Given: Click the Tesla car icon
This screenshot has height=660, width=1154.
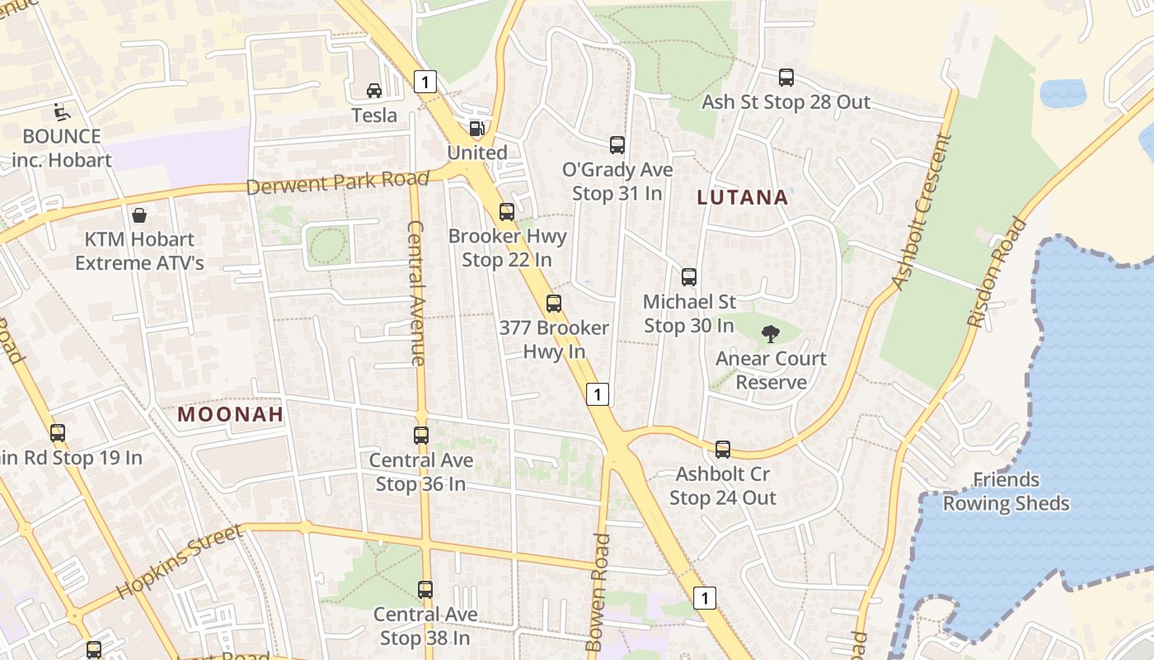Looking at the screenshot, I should (x=374, y=90).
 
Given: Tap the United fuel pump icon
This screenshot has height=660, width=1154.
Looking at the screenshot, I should (x=476, y=129).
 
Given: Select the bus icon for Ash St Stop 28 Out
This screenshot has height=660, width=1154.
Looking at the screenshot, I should (x=786, y=78).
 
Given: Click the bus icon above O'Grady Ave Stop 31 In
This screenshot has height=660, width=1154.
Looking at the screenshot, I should (x=617, y=145).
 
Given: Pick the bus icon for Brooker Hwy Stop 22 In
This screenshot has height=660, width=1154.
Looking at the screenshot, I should (x=507, y=212).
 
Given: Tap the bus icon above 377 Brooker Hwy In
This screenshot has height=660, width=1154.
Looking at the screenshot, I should (x=554, y=304).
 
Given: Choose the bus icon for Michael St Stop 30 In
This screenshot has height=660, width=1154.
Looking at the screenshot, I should (x=689, y=277).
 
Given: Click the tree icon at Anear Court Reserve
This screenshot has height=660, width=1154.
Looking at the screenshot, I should (x=771, y=334).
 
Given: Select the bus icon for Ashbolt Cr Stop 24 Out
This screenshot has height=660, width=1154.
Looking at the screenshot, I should (x=723, y=450).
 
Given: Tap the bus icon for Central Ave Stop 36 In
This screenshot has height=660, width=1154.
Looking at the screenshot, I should (x=421, y=436).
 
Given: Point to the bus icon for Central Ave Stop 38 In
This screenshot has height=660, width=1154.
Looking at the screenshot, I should (x=425, y=590).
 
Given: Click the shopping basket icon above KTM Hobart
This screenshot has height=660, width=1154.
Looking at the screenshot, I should (x=139, y=215).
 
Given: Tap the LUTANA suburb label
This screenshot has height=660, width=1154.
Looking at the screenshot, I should (x=743, y=198).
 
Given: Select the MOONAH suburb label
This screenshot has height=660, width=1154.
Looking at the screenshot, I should (x=231, y=414).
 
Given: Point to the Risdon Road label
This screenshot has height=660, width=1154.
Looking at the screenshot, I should (x=998, y=272).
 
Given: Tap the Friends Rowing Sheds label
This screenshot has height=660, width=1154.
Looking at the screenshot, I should (x=1006, y=492).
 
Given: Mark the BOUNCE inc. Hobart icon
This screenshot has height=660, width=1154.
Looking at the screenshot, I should (x=61, y=111).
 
